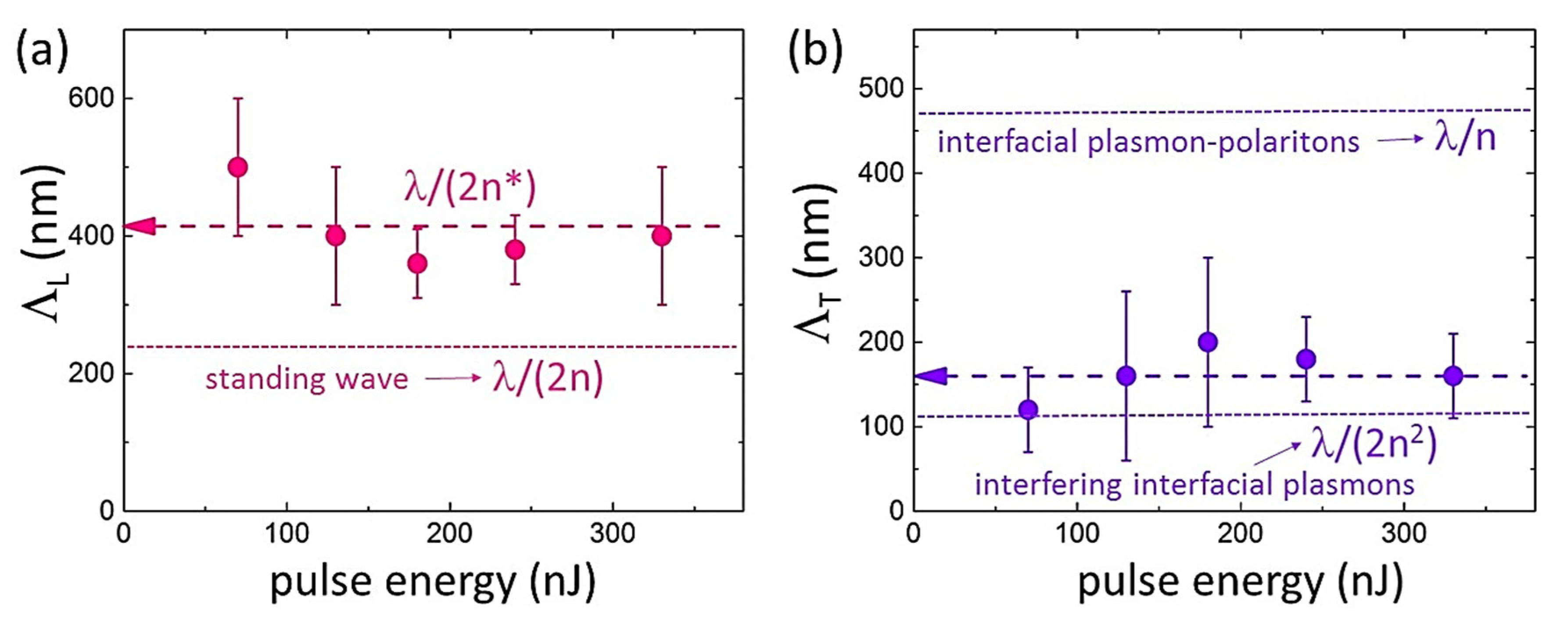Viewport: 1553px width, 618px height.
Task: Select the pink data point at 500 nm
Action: (x=238, y=167)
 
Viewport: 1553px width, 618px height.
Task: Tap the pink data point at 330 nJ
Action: (x=662, y=236)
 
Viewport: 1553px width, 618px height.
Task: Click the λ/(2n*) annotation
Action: (x=470, y=189)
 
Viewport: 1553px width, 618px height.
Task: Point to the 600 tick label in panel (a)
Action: (x=91, y=98)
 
